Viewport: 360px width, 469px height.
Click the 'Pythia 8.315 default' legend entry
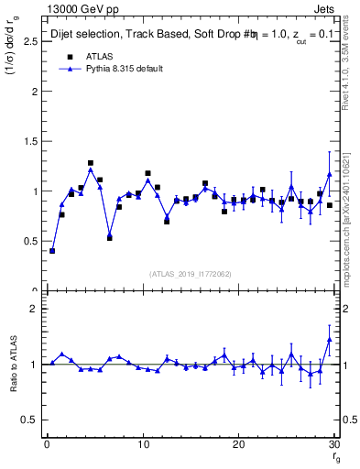tap(125, 69)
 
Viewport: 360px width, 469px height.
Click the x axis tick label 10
tap(142, 445)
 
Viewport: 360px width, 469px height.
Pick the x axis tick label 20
tap(238, 445)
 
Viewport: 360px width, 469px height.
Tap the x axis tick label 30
tap(333, 445)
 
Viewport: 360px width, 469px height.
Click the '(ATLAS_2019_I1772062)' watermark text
tap(191, 273)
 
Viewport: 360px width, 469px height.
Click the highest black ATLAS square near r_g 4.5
tap(91, 163)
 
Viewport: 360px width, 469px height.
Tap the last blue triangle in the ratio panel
tap(329, 340)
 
